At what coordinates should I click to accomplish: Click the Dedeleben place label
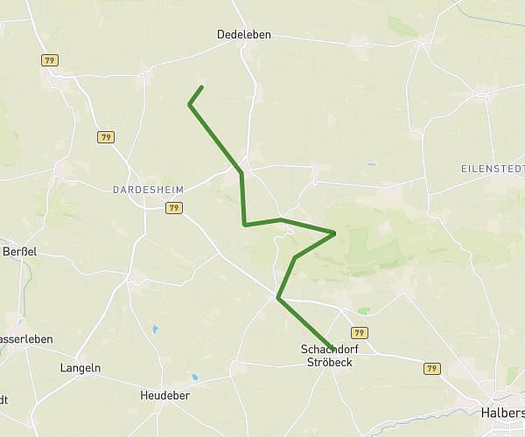244,35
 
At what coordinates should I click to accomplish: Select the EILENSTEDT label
493,168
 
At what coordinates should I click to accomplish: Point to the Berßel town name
17,250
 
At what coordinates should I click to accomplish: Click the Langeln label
80,369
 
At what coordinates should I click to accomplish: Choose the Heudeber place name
165,396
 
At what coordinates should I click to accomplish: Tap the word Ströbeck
329,362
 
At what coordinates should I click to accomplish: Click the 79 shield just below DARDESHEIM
173,208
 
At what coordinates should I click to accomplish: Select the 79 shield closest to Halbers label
430,369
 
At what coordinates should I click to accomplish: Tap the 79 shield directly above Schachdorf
359,333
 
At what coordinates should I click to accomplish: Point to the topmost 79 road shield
49,59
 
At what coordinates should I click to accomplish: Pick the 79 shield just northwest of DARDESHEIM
106,137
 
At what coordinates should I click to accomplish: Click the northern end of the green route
202,87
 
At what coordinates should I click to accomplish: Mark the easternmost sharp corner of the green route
335,232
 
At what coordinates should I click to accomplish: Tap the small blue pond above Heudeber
194,378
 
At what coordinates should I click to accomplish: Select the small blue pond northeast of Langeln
155,329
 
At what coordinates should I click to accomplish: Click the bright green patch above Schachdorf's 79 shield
363,310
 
